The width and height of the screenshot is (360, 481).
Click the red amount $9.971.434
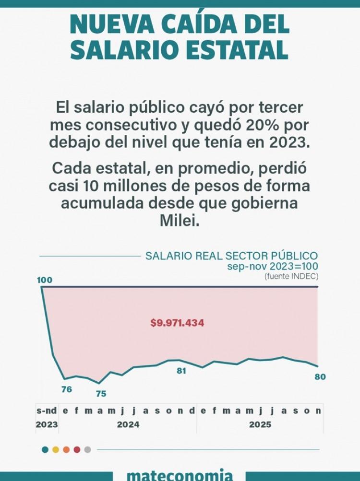pyautogui.click(x=177, y=323)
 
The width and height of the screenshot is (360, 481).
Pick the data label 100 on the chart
pyautogui.click(x=45, y=280)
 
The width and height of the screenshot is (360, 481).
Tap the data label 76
pyautogui.click(x=67, y=389)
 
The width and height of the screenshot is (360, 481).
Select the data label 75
pyautogui.click(x=101, y=394)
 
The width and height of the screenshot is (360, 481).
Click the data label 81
pyautogui.click(x=181, y=371)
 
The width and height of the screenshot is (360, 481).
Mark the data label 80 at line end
pyautogui.click(x=320, y=377)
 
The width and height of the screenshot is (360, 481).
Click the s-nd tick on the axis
pyautogui.click(x=47, y=411)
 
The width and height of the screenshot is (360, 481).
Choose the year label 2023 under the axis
pyautogui.click(x=47, y=424)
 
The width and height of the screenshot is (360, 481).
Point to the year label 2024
pyautogui.click(x=128, y=424)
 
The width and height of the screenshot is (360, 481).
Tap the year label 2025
pyautogui.click(x=260, y=424)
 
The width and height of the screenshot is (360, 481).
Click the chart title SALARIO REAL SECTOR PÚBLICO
pyautogui.click(x=231, y=256)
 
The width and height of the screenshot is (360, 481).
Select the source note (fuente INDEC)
pyautogui.click(x=291, y=276)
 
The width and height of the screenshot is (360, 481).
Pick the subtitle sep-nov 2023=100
pyautogui.click(x=273, y=266)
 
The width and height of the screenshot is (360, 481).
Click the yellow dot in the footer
pyautogui.click(x=56, y=450)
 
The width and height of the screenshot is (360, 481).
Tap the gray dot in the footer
pyautogui.click(x=87, y=450)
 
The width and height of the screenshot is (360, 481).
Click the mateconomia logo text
pyautogui.click(x=180, y=475)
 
